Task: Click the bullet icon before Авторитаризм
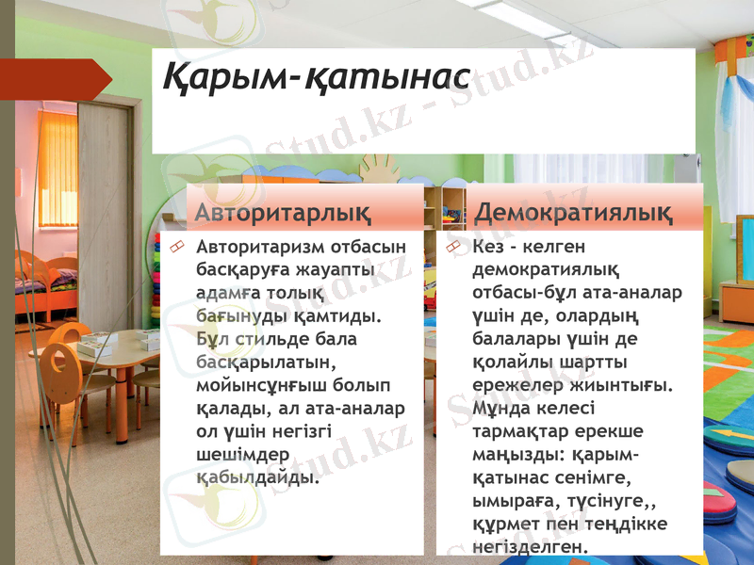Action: point(175,247)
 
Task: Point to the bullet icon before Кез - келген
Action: point(452,247)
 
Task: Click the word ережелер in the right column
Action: point(515,385)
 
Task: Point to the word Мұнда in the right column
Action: point(500,408)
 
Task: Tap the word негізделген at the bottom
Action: point(528,546)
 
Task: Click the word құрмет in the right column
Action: point(503,523)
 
